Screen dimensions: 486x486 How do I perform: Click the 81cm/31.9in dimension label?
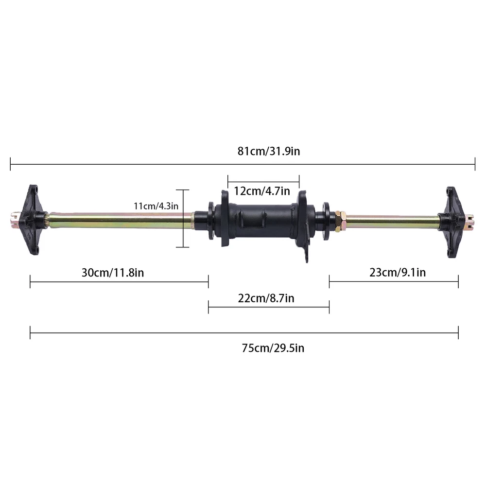[269, 151]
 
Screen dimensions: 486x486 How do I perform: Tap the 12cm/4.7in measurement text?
[262, 191]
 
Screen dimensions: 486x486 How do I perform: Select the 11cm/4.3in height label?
[156, 206]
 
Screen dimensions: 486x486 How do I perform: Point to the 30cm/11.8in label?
[113, 273]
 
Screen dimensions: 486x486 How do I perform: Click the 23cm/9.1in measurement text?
[398, 273]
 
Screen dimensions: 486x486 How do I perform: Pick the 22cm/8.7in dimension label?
[266, 298]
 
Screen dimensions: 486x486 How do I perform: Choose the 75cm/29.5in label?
[273, 348]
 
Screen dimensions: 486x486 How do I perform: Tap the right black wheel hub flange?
[453, 222]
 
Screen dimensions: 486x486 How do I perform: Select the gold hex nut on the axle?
[340, 221]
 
